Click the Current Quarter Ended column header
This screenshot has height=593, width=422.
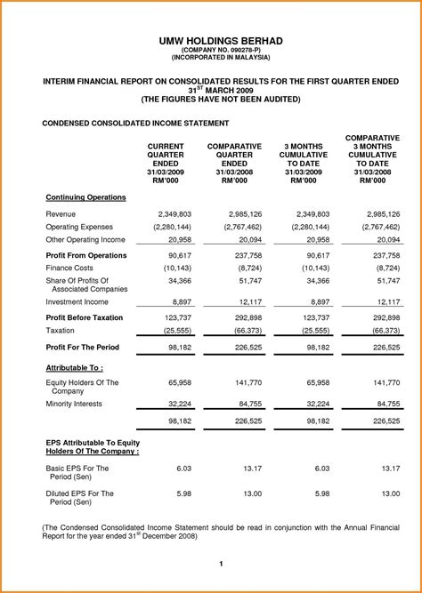tap(166, 163)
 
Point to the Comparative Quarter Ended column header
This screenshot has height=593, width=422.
tap(234, 163)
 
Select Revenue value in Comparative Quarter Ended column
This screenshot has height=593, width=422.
tap(244, 214)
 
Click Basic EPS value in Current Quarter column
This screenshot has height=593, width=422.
tap(183, 467)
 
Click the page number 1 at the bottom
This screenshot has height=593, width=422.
tap(220, 564)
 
